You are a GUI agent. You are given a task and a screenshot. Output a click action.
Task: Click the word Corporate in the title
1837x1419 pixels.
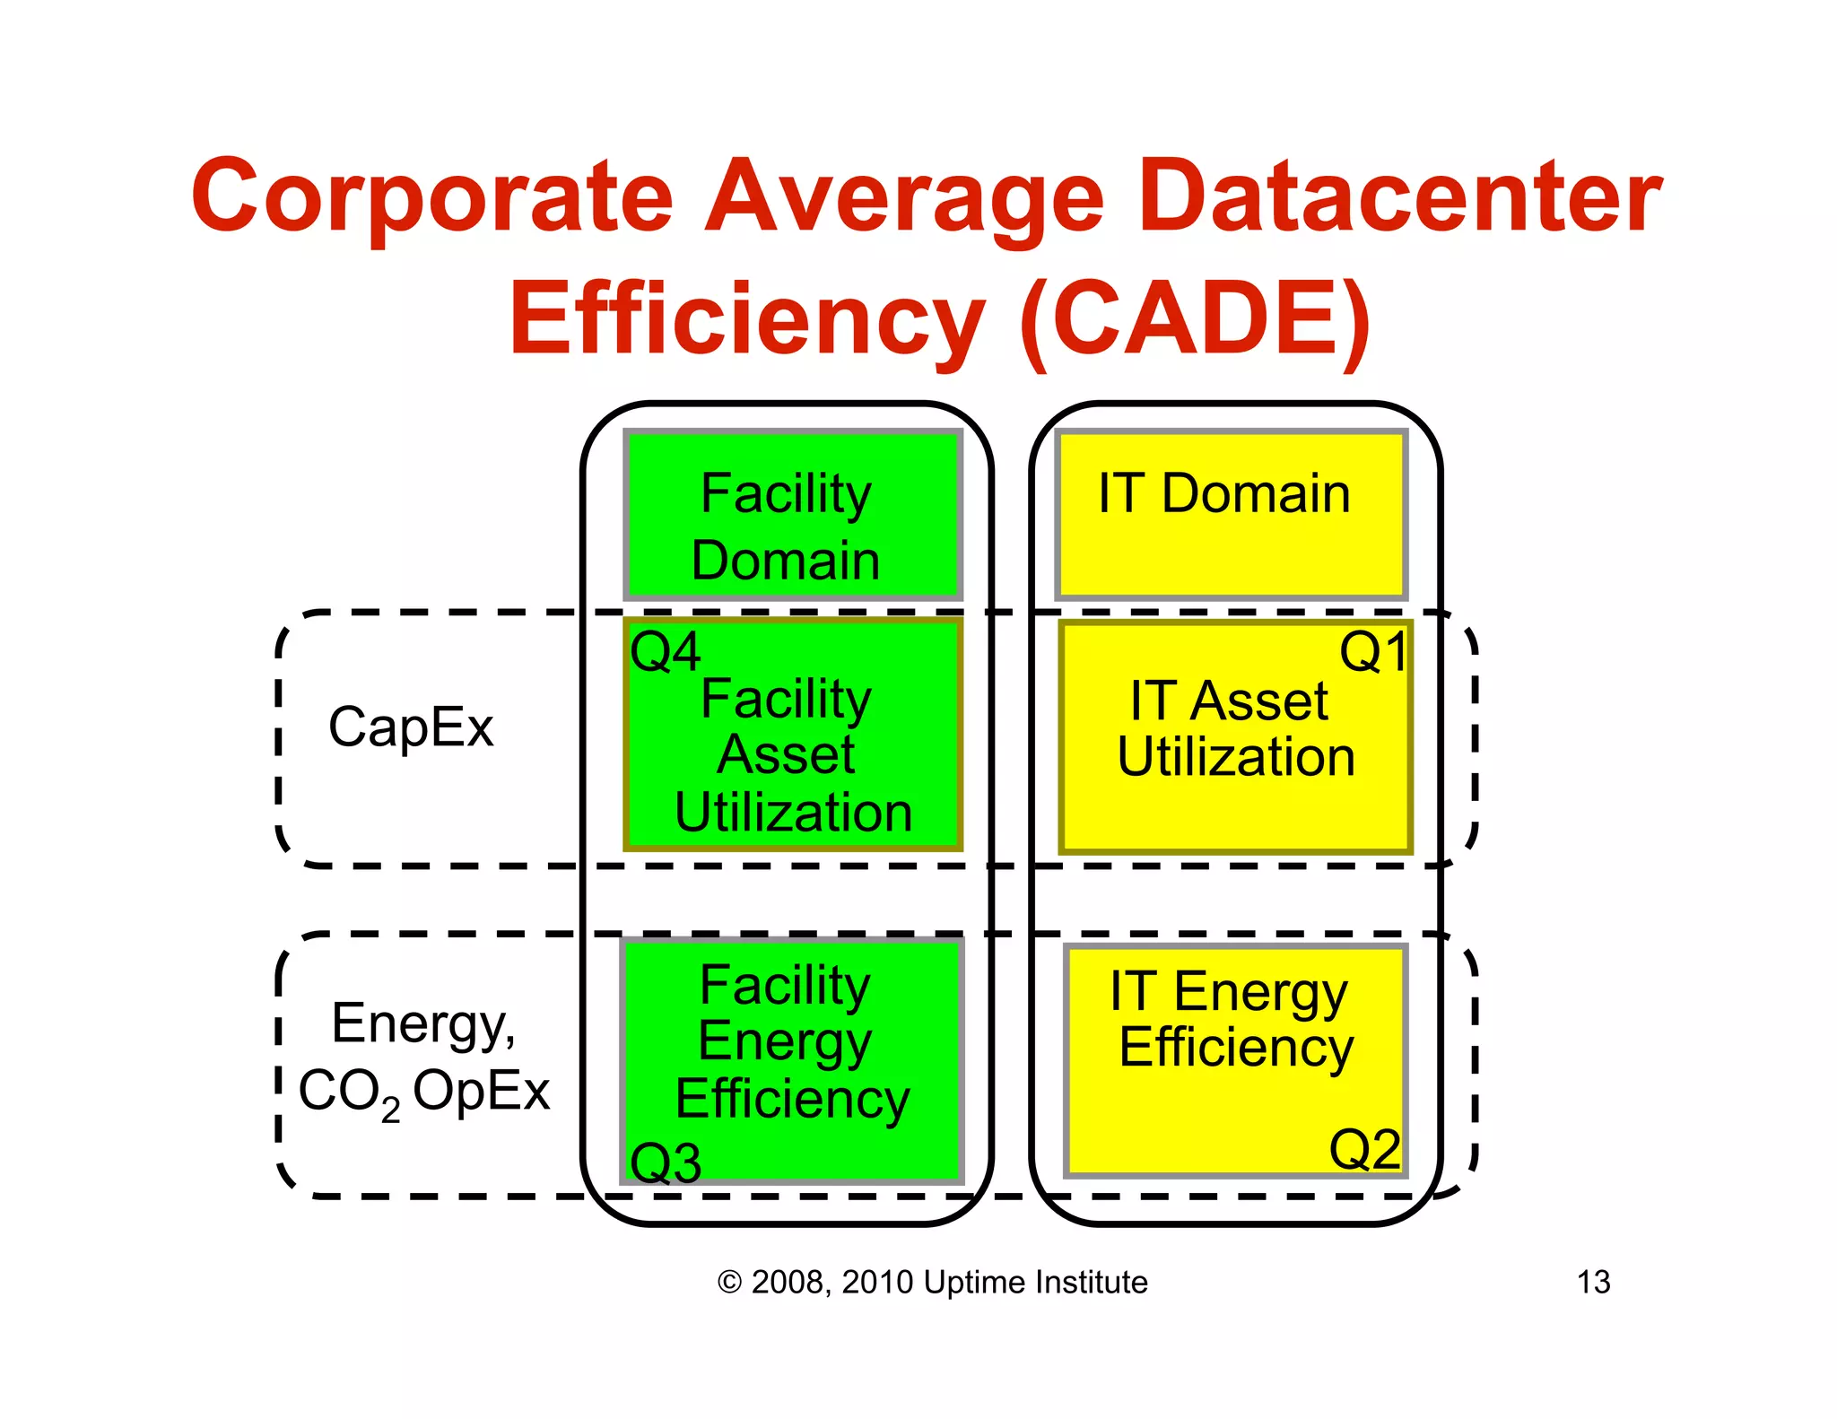(431, 196)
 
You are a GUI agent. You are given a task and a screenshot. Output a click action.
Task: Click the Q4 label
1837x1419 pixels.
(665, 652)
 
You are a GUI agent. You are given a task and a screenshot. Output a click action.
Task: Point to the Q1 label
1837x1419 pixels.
(1373, 652)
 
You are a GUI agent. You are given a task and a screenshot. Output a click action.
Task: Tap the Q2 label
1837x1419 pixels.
(1364, 1149)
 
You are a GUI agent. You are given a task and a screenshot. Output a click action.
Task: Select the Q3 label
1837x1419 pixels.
(665, 1163)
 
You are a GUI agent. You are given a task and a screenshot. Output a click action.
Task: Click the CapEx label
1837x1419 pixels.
(411, 727)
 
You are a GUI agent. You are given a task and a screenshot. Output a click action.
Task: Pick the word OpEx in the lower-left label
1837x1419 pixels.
(481, 1092)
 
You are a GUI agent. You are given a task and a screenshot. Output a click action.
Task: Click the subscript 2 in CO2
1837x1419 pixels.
(390, 1110)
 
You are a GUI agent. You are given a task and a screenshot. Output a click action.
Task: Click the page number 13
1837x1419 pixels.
(1593, 1282)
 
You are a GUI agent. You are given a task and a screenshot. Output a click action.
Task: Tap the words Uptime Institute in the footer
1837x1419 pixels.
(1035, 1282)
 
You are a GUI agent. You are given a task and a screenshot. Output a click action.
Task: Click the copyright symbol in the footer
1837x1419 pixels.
(729, 1283)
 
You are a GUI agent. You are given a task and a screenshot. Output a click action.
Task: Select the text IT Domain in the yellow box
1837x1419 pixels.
(1223, 493)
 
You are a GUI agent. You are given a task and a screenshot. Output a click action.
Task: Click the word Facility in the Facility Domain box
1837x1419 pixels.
(785, 493)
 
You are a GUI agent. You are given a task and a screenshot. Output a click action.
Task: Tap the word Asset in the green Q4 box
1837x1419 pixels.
(785, 754)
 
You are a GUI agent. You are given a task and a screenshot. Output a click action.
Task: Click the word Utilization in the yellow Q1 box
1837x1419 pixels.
(1235, 757)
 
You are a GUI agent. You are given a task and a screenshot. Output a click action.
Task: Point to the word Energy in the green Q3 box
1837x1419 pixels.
(785, 1041)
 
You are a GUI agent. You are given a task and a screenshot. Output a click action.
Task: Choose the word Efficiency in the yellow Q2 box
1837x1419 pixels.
(1235, 1048)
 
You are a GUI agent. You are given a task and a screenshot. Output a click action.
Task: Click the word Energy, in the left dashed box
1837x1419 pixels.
(423, 1023)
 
